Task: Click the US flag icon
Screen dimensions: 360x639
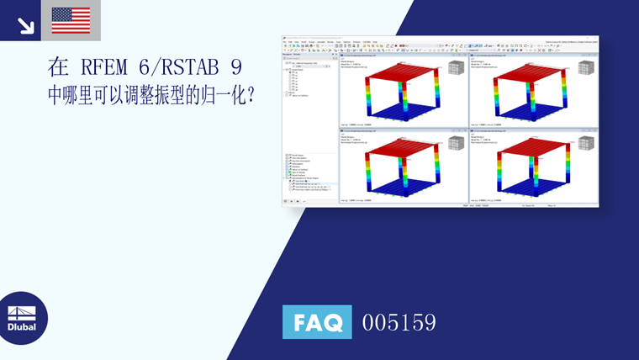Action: tap(71, 20)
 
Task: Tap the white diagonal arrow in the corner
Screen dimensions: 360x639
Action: tap(25, 25)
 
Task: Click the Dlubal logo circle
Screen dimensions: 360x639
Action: tap(22, 318)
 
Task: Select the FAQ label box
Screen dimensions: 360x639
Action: tap(317, 322)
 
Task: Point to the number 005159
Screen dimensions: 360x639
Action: tap(399, 322)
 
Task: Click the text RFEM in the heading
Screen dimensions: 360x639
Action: tap(107, 67)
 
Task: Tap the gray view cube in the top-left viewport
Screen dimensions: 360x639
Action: tap(457, 67)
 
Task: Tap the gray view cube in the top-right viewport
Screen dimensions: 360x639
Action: tap(586, 67)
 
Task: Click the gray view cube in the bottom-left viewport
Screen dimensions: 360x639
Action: tap(457, 143)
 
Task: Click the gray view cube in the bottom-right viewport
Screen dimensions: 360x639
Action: tap(586, 143)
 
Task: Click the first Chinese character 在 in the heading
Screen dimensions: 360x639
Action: tap(57, 67)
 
